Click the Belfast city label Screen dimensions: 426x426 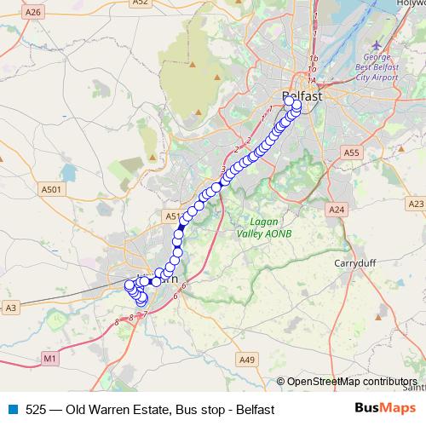click(x=302, y=96)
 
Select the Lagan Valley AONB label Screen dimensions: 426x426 click(x=253, y=225)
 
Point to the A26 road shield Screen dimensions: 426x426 click(x=33, y=12)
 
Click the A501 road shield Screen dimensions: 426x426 click(x=50, y=190)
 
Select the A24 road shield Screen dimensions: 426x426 click(x=337, y=209)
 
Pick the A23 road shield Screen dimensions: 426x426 click(x=416, y=204)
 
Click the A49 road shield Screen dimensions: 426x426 click(x=247, y=360)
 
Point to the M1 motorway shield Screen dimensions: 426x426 click(x=49, y=360)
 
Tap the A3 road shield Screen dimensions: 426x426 click(x=11, y=307)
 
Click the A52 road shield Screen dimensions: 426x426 click(x=141, y=3)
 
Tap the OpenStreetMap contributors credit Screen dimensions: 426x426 click(x=352, y=381)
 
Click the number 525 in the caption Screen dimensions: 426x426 click(x=36, y=410)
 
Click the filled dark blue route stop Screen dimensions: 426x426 click(x=181, y=228)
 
